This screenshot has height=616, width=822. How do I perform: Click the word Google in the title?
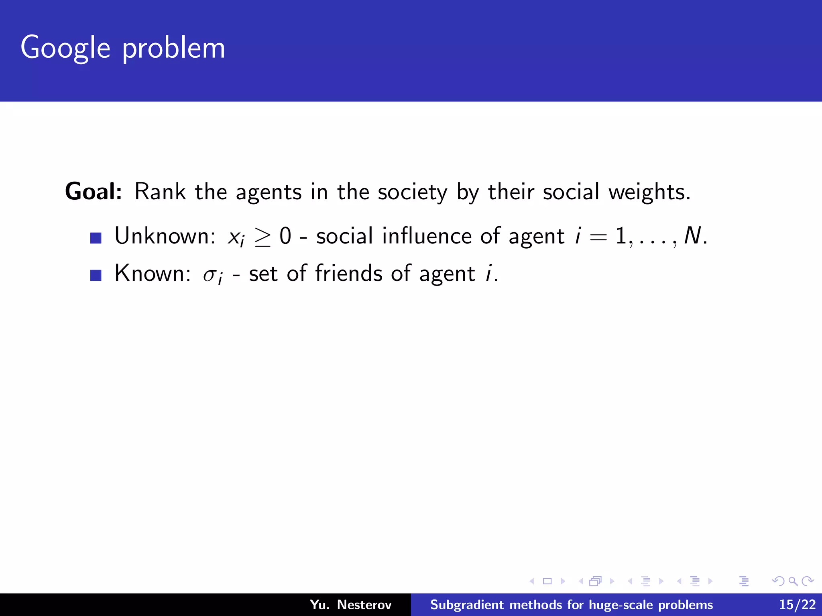pos(65,48)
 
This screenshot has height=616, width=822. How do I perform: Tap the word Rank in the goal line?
pos(160,191)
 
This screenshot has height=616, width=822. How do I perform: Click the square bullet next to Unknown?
pos(96,238)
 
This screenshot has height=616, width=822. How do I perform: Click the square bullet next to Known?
pos(96,275)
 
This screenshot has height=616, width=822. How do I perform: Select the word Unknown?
pos(165,236)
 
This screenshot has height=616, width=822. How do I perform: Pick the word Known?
pos(152,273)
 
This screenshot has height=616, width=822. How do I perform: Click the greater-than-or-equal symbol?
pos(262,237)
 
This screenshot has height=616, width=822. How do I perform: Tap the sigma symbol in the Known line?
pos(210,275)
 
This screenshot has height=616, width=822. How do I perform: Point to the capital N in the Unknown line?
pos(692,236)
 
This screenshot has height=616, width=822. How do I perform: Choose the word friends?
pos(348,273)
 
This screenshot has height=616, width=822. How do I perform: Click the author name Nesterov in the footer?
pos(364,604)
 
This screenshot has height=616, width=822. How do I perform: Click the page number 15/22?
pos(797,604)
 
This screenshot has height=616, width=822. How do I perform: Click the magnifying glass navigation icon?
pos(793,581)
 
